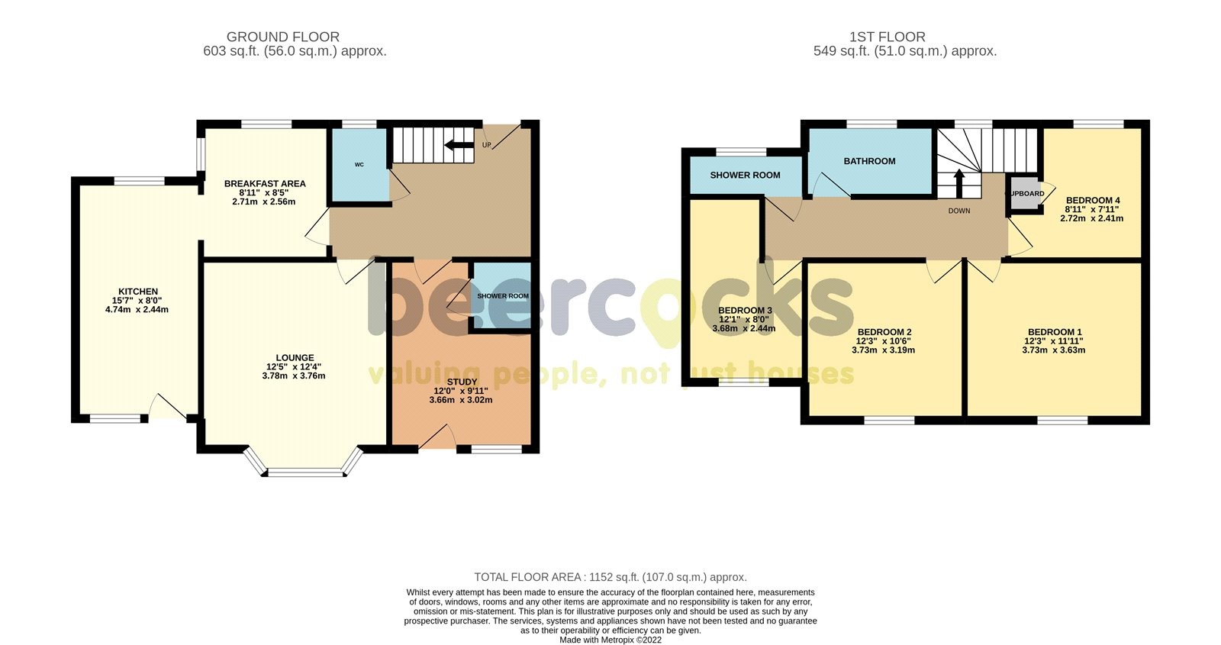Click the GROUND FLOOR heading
[282, 37]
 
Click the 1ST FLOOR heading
[887, 37]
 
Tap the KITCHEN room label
[138, 292]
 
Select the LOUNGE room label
[295, 357]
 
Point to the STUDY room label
[462, 382]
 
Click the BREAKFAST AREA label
[264, 183]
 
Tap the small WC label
[359, 164]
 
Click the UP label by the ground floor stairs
[486, 145]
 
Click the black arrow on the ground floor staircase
[458, 145]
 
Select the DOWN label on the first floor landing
[959, 211]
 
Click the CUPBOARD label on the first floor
[1026, 194]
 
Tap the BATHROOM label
[869, 161]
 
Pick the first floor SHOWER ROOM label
[745, 175]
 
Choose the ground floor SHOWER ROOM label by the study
[502, 296]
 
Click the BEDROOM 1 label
[1053, 332]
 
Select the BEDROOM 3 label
[744, 311]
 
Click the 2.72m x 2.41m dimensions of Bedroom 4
[1091, 218]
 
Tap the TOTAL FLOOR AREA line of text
[610, 577]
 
